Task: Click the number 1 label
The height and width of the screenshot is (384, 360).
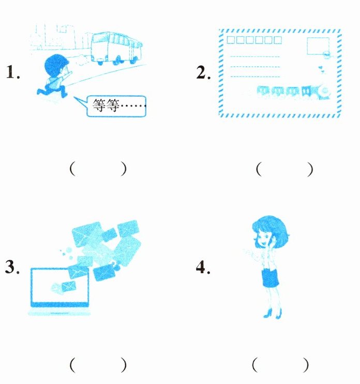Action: pos(13,72)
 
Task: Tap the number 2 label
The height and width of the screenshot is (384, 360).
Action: pos(203,72)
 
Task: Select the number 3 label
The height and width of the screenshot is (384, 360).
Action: pos(12,267)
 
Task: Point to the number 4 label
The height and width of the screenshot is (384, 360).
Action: pos(203,267)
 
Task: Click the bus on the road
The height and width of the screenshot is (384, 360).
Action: pos(116,48)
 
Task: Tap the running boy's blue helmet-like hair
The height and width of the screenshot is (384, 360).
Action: pos(56,65)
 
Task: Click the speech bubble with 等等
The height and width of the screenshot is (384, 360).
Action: pos(115,106)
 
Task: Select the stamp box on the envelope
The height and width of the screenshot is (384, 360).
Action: pos(318,46)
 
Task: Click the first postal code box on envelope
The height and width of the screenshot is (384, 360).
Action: pos(231,40)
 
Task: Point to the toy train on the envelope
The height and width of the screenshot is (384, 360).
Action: pos(293,92)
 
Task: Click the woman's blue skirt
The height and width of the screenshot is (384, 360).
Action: pos(270,278)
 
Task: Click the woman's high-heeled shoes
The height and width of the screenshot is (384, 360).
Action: pos(273,314)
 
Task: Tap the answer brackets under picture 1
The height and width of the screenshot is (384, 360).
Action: pos(98,169)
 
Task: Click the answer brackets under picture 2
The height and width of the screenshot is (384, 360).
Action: pos(284,169)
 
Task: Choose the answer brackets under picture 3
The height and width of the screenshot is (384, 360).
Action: pos(98,365)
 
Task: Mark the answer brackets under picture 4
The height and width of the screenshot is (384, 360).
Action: pos(280,365)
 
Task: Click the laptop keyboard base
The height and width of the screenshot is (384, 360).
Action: pos(59,313)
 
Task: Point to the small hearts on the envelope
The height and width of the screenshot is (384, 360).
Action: pos(322,69)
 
